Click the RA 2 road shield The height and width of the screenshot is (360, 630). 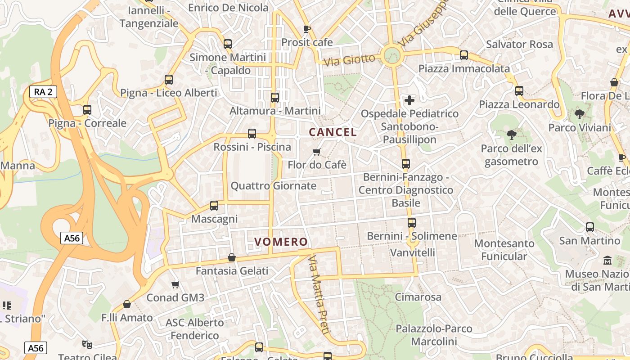click(x=43, y=92)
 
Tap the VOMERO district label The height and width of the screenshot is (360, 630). click(x=281, y=242)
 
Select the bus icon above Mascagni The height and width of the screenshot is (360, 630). click(x=214, y=206)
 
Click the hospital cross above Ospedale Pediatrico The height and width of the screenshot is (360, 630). click(x=409, y=100)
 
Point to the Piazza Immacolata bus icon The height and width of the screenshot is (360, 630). click(x=464, y=55)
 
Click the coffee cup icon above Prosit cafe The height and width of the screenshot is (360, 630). click(x=307, y=29)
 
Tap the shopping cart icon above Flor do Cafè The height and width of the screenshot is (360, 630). click(x=317, y=152)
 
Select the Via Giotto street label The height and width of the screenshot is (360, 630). click(x=349, y=60)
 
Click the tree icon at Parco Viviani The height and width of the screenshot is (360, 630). click(x=580, y=114)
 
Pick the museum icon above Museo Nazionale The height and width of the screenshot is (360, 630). click(x=607, y=260)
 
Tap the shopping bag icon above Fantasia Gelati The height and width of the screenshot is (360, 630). click(x=232, y=257)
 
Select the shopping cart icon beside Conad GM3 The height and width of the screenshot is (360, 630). click(x=175, y=284)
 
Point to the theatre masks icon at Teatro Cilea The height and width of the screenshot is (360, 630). click(x=87, y=345)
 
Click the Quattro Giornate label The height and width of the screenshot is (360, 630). click(x=273, y=186)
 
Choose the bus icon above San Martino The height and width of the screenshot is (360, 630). click(x=590, y=227)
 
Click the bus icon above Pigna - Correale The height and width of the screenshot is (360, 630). click(x=87, y=110)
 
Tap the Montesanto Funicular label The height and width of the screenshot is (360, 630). click(x=504, y=250)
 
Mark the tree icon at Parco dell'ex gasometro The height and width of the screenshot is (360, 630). click(x=511, y=135)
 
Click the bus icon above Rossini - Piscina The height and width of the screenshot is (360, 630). click(x=252, y=134)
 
